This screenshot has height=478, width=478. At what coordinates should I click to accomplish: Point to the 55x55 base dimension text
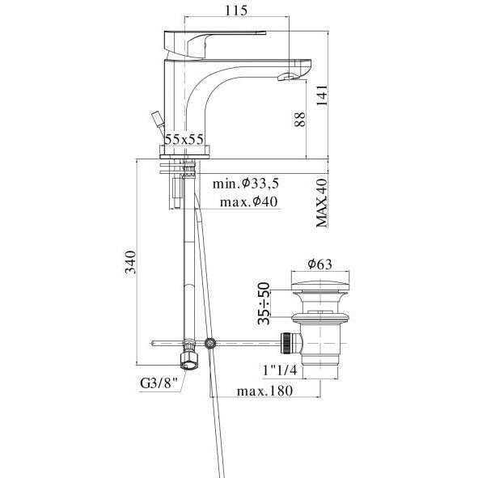[184, 138]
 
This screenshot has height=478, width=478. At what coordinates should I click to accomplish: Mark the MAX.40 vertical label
[321, 202]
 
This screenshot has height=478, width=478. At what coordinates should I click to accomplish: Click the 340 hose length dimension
[129, 261]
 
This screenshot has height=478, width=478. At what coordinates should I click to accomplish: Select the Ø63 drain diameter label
[321, 263]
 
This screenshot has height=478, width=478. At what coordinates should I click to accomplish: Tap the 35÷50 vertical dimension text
[264, 303]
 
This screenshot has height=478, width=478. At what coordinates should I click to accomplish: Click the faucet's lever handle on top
[215, 36]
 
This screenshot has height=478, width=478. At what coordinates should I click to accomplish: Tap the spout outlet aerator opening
[287, 77]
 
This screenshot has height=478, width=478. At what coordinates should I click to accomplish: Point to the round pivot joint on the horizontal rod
[210, 343]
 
